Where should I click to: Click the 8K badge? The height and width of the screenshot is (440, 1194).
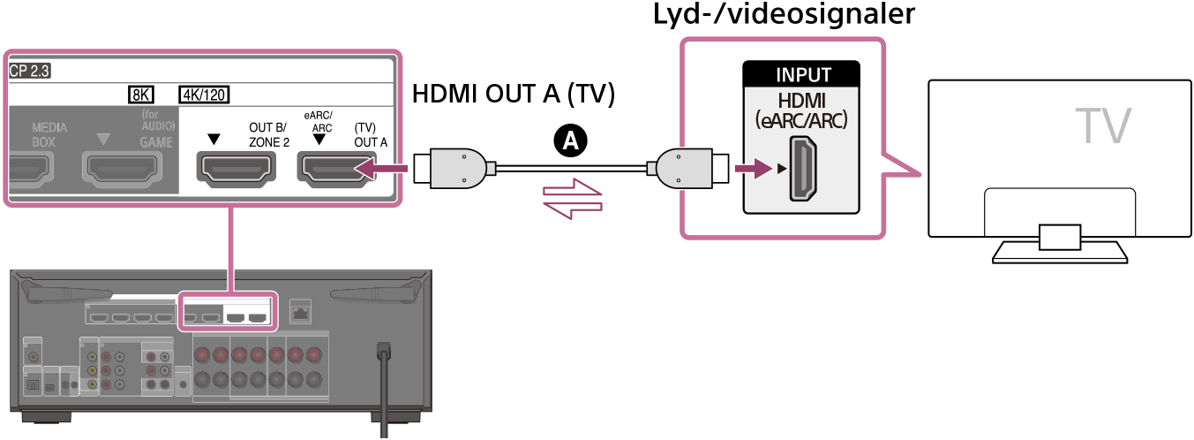140,95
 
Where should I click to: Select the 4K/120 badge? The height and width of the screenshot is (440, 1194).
206,95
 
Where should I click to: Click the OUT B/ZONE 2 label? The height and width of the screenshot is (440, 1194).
268,133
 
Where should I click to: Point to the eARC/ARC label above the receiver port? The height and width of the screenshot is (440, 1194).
319,120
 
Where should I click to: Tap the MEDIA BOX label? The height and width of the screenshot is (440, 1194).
49,133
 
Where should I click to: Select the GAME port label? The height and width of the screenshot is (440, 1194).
161,140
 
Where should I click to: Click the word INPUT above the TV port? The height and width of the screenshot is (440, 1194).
802,76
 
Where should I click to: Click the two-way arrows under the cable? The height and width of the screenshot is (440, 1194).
574,200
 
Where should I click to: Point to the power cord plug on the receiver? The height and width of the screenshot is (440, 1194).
384,351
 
